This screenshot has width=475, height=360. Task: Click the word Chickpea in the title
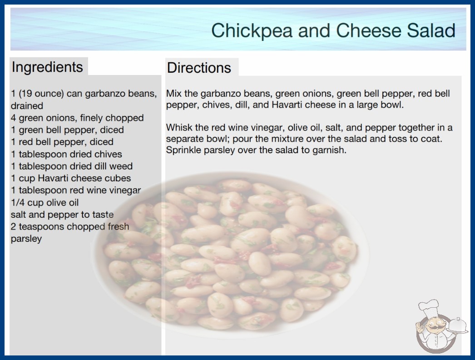click(x=252, y=31)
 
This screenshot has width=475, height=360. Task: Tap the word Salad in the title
click(x=431, y=30)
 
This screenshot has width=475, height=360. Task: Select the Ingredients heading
click(x=47, y=67)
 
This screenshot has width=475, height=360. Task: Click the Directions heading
click(x=199, y=68)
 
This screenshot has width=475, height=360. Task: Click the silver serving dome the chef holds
click(x=457, y=325)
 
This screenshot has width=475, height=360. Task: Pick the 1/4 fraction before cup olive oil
click(x=18, y=203)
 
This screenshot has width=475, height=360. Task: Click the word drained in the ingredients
click(x=27, y=106)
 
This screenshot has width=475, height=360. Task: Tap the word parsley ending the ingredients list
click(x=26, y=239)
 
